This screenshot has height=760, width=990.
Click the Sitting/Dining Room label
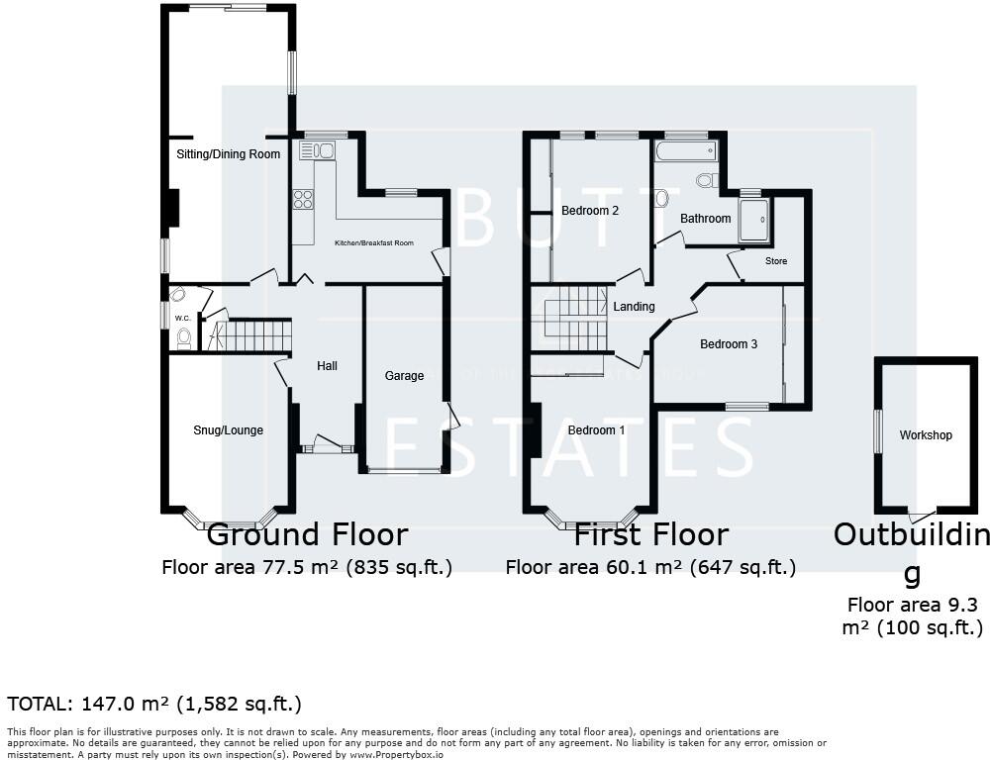coord(228,154)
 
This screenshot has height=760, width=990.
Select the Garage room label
coord(404,375)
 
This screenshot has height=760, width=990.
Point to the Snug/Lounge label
coord(228,430)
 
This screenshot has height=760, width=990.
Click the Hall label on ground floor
coord(327,366)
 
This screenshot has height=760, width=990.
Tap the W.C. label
coord(182,318)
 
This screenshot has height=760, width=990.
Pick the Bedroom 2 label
coord(590,211)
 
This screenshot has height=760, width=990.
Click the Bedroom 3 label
coord(729,344)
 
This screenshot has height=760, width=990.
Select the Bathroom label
coord(705,219)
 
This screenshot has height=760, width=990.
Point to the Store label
coord(776,261)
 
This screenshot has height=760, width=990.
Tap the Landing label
coord(634,307)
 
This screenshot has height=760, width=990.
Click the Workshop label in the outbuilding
coord(926,435)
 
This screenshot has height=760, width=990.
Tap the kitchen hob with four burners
coord(303,199)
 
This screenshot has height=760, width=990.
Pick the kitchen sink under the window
coord(318,150)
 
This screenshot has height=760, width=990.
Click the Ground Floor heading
coord(307,535)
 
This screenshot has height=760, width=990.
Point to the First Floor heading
coord(650,535)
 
